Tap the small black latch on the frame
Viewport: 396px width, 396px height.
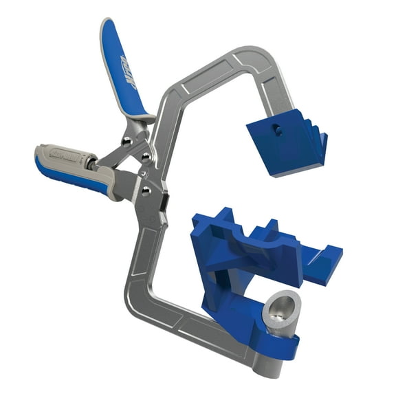coord(165,202)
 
